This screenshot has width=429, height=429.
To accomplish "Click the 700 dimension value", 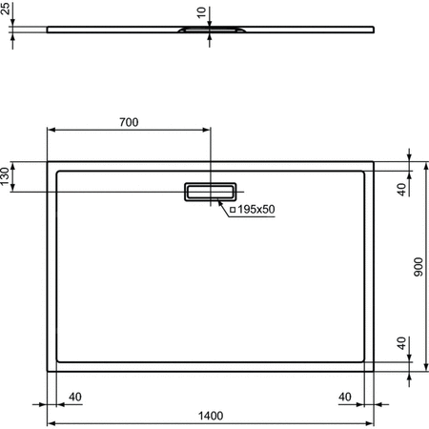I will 129,121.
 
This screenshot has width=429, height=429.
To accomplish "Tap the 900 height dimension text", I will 417,270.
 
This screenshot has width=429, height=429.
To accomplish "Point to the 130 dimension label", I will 6,177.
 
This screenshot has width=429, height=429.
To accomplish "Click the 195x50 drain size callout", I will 255,209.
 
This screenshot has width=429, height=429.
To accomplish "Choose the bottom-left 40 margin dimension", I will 74,397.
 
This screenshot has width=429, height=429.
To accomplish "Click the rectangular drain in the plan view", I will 211,192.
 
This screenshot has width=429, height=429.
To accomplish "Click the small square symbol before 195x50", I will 232,209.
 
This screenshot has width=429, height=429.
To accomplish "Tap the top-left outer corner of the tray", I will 48,161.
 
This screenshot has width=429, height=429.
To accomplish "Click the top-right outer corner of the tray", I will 374,161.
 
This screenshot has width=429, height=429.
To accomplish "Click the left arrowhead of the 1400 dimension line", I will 51,422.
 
